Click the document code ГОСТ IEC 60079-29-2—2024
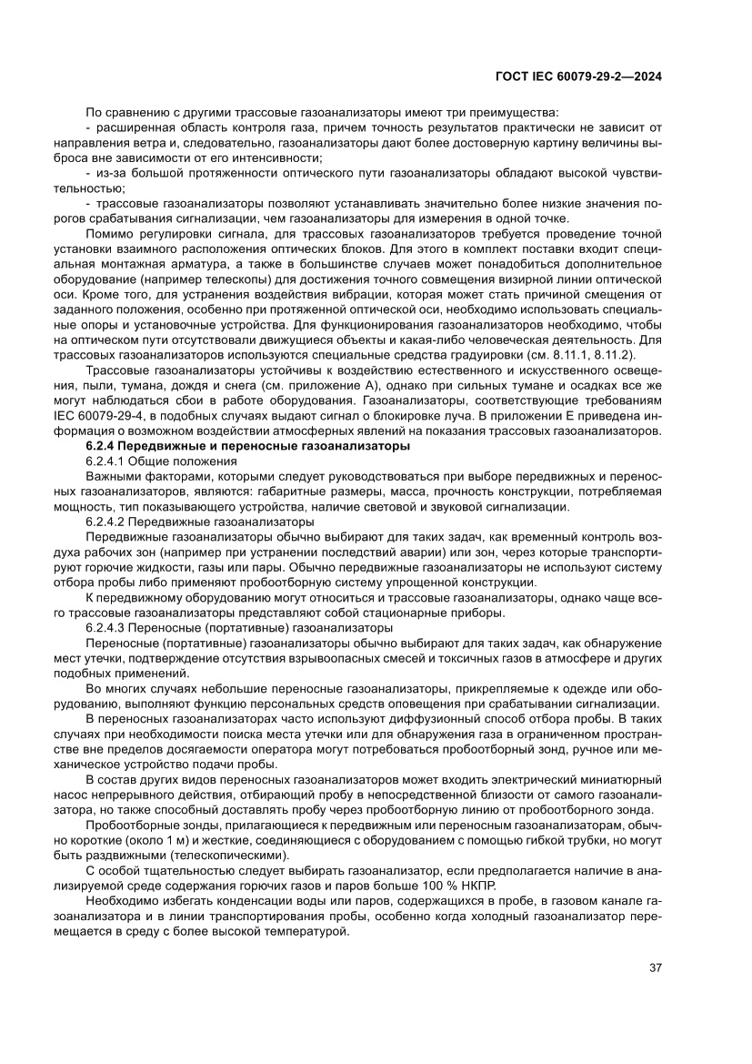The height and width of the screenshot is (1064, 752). (578, 77)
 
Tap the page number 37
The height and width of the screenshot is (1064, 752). (654, 967)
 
